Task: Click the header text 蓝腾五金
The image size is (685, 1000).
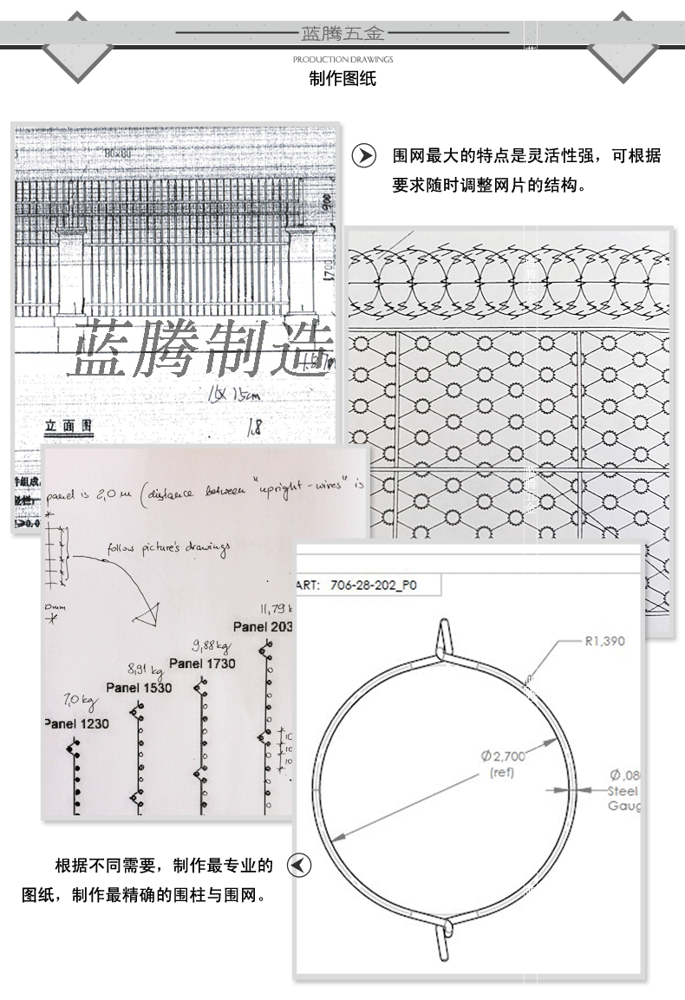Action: pyautogui.click(x=342, y=34)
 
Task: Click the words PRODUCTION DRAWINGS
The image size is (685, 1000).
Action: pyautogui.click(x=342, y=59)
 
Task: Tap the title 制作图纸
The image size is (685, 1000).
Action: pyautogui.click(x=342, y=80)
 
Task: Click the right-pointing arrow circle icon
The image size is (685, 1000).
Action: pyautogui.click(x=363, y=157)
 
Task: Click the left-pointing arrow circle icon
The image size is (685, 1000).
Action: pyautogui.click(x=298, y=866)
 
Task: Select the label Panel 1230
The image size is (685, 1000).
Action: pyautogui.click(x=76, y=723)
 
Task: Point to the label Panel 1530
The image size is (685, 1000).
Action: pyautogui.click(x=138, y=687)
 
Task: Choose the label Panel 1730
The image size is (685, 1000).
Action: pyautogui.click(x=202, y=663)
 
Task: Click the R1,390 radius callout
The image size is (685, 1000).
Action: pyautogui.click(x=604, y=641)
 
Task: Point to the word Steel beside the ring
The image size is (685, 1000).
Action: pyautogui.click(x=623, y=791)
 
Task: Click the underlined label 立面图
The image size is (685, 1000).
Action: pyautogui.click(x=68, y=426)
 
